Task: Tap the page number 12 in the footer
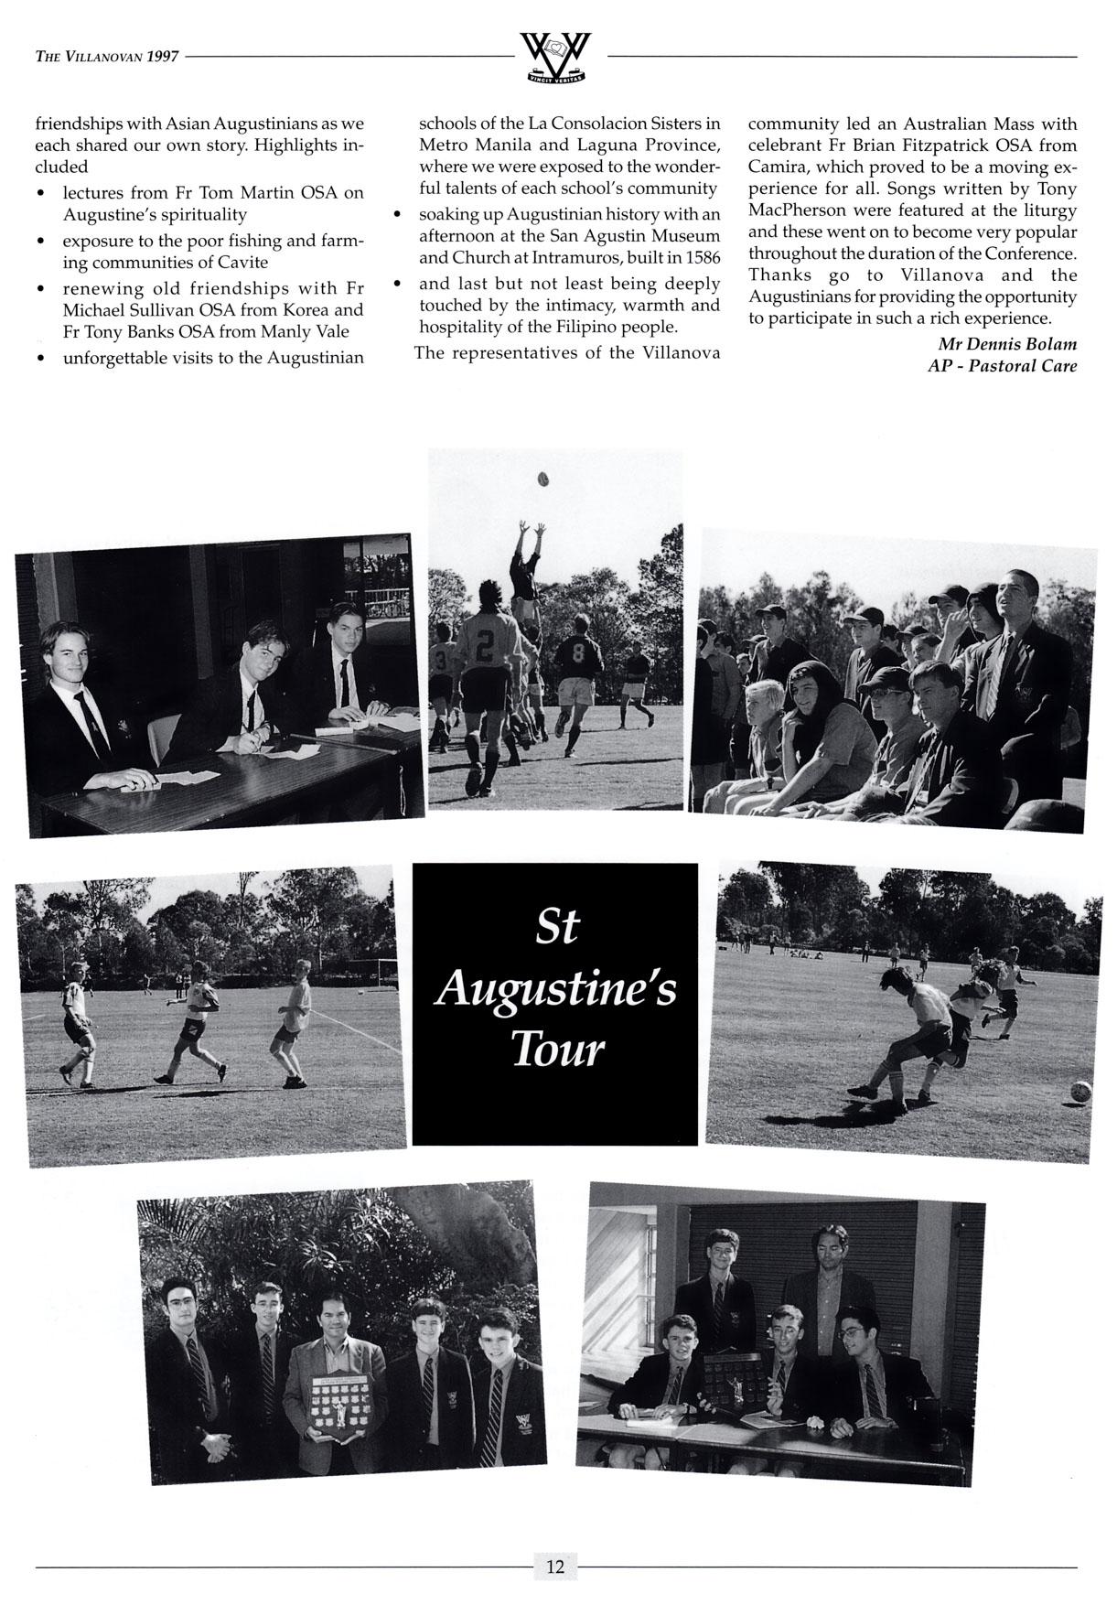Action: click(x=555, y=1566)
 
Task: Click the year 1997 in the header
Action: click(x=163, y=57)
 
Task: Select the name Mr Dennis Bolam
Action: click(x=1007, y=344)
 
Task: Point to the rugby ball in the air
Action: click(x=542, y=478)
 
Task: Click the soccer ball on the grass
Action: click(x=1080, y=1091)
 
